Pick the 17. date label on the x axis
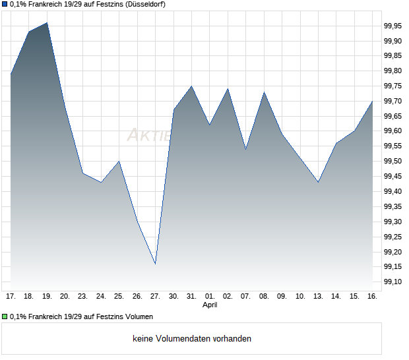pyautogui.click(x=11, y=296)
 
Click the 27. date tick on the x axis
pyautogui.click(x=155, y=296)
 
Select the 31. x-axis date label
pyautogui.click(x=191, y=296)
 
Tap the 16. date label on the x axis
pyautogui.click(x=372, y=296)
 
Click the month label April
pyautogui.click(x=210, y=305)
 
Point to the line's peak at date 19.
pyautogui.click(x=47, y=22)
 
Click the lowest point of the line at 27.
pyautogui.click(x=155, y=264)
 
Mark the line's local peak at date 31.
pyautogui.click(x=191, y=86)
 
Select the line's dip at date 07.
pyautogui.click(x=245, y=149)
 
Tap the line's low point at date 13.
pyautogui.click(x=318, y=182)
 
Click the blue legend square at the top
pyautogui.click(x=5, y=5)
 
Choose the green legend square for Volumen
pyautogui.click(x=5, y=316)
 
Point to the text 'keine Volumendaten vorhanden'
pyautogui.click(x=192, y=339)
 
